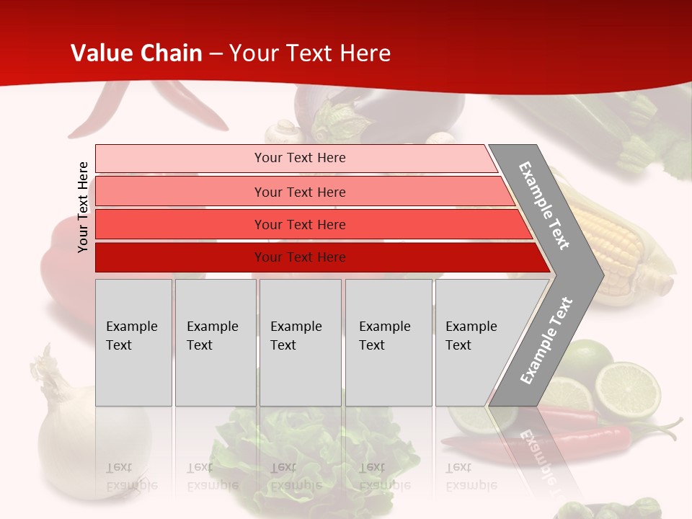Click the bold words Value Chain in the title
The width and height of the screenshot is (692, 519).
pos(137,53)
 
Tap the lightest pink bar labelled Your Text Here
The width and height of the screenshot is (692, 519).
pos(299,158)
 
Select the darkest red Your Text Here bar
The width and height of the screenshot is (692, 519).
pos(299,257)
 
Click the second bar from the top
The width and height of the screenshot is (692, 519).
pos(299,192)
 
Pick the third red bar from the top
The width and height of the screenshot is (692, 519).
pos(299,225)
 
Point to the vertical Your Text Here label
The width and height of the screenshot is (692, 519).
pos(83,207)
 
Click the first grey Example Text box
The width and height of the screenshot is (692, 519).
pos(133,342)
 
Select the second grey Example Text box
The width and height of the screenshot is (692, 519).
pos(215,342)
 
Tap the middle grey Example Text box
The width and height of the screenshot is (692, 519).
pos(300,342)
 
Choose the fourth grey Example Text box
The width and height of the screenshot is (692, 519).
pos(388,342)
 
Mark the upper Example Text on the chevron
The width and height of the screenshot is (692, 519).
pos(544,206)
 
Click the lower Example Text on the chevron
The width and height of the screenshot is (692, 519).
pos(546,340)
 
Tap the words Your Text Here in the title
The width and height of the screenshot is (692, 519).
pos(310,53)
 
